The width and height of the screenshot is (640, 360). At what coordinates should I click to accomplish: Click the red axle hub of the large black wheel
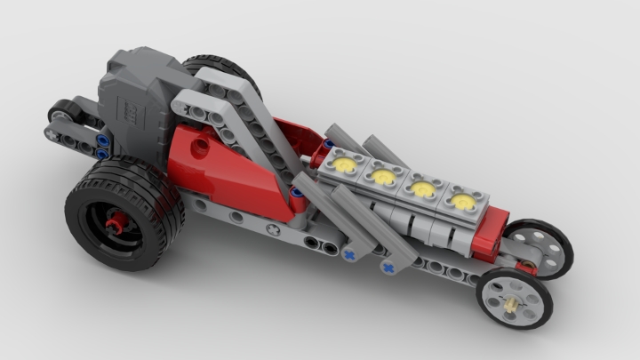click(114, 224)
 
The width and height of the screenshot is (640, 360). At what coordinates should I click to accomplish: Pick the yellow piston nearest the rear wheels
click(345, 164)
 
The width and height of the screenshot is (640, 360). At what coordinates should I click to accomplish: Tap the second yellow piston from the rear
click(384, 177)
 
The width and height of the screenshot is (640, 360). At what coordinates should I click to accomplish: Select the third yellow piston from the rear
click(422, 189)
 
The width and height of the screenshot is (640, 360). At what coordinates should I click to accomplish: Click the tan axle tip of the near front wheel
click(515, 302)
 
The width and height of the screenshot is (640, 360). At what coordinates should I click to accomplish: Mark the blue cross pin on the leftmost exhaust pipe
click(349, 254)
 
